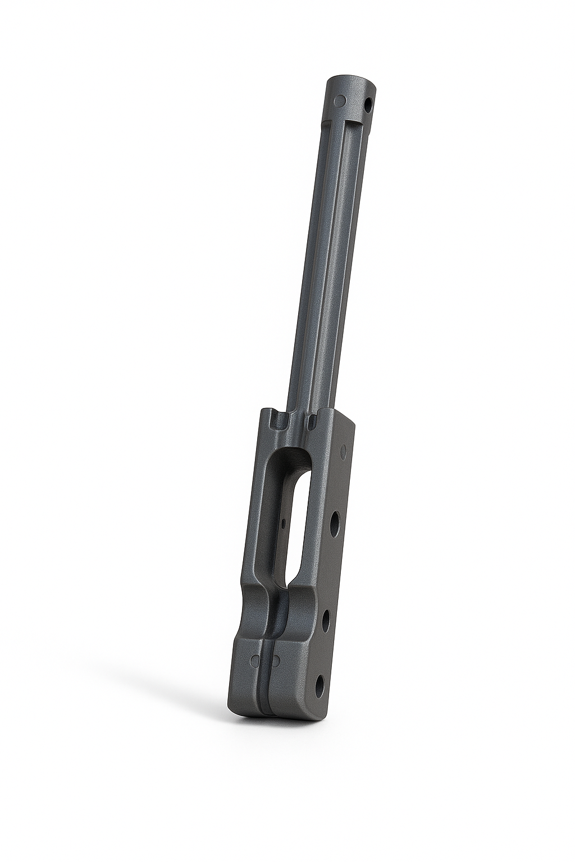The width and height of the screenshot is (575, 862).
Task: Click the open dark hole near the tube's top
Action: (368, 105)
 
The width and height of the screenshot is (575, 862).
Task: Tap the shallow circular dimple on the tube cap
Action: (339, 100)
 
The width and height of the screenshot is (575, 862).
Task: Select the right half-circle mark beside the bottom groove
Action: (276, 660)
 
